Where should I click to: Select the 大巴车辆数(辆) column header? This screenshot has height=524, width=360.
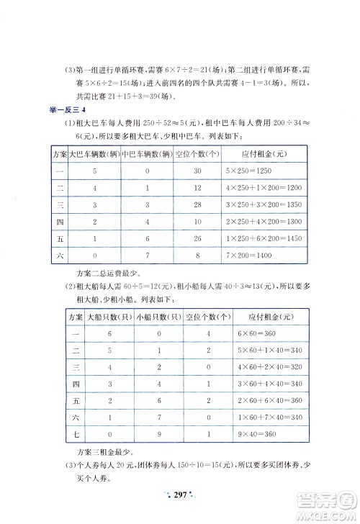(93, 153)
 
